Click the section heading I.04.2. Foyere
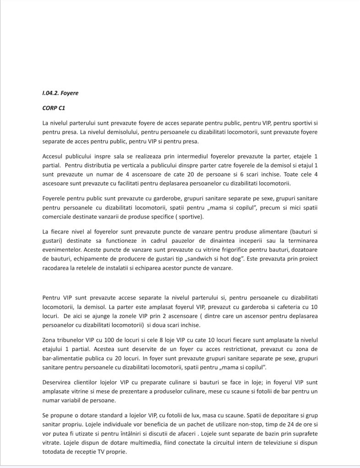[60, 93]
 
